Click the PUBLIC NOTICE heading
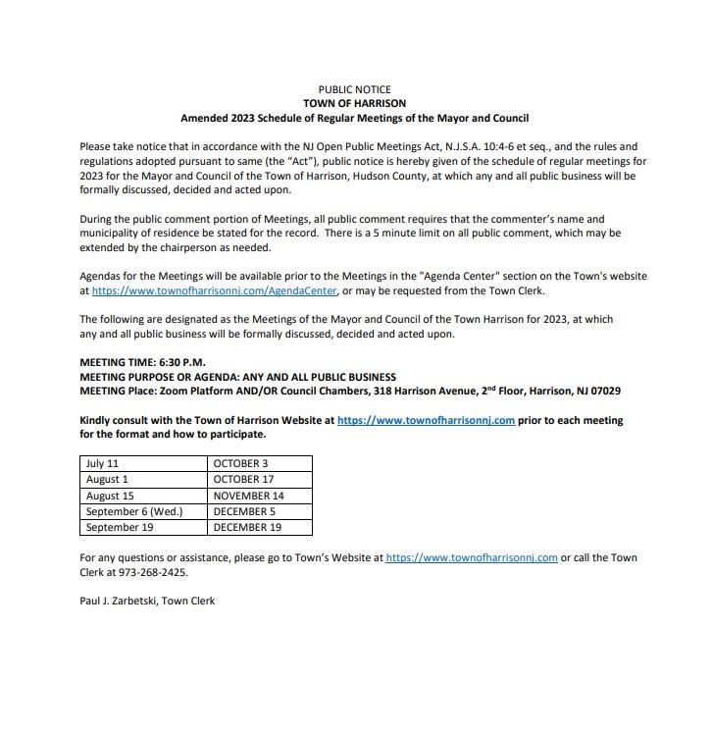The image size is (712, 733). [354, 89]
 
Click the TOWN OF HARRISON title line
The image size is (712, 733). [354, 103]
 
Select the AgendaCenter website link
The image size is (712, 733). [215, 291]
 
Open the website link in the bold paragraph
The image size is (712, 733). [426, 420]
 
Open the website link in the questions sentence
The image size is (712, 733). [472, 557]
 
